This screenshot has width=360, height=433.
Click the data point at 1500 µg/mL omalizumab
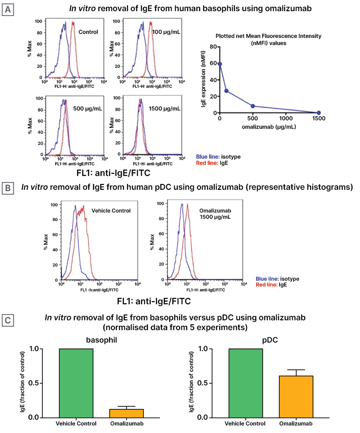tap(319, 113)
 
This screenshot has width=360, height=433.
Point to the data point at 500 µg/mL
tap(253, 106)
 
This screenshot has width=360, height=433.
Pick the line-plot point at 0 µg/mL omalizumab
tap(220, 64)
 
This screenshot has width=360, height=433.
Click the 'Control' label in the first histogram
tap(88, 32)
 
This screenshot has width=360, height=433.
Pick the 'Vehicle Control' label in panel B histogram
tap(111, 211)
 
